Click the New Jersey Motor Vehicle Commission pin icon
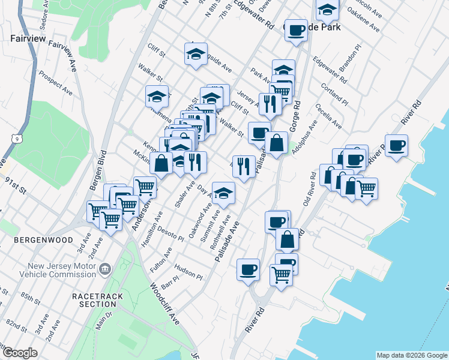(105, 268)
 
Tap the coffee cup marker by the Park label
(295, 30)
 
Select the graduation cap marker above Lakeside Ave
(195, 55)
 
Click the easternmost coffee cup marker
(396, 145)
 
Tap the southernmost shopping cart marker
(280, 275)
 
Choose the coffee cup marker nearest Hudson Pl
(248, 269)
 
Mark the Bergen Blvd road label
(97, 171)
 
